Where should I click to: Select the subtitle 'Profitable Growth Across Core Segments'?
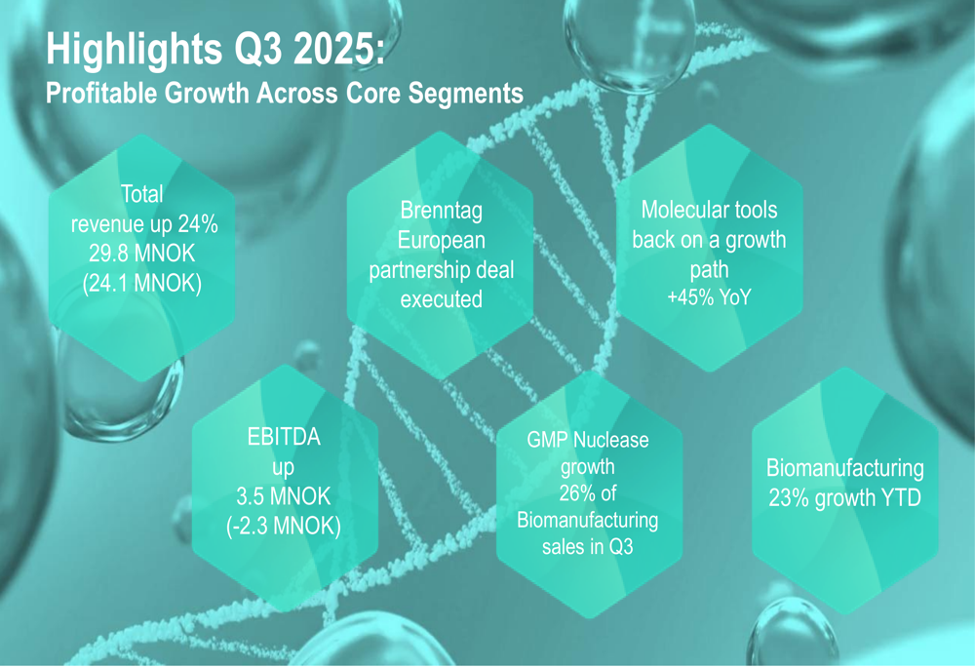(285, 94)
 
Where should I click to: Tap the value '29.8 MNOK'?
(142, 255)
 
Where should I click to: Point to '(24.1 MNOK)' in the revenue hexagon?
(142, 286)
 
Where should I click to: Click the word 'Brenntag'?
(441, 210)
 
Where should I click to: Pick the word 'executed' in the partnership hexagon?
(441, 299)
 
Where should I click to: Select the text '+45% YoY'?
(709, 297)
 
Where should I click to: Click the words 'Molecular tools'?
(709, 210)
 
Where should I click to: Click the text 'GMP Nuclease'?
(587, 440)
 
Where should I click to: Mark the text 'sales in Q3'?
(587, 547)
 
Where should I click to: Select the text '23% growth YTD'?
(844, 499)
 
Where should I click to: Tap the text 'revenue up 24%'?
(143, 225)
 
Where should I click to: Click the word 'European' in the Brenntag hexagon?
(441, 240)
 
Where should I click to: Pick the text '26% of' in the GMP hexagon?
(587, 493)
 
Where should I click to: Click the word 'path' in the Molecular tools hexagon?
(709, 268)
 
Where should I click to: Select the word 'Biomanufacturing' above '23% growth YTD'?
(844, 468)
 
